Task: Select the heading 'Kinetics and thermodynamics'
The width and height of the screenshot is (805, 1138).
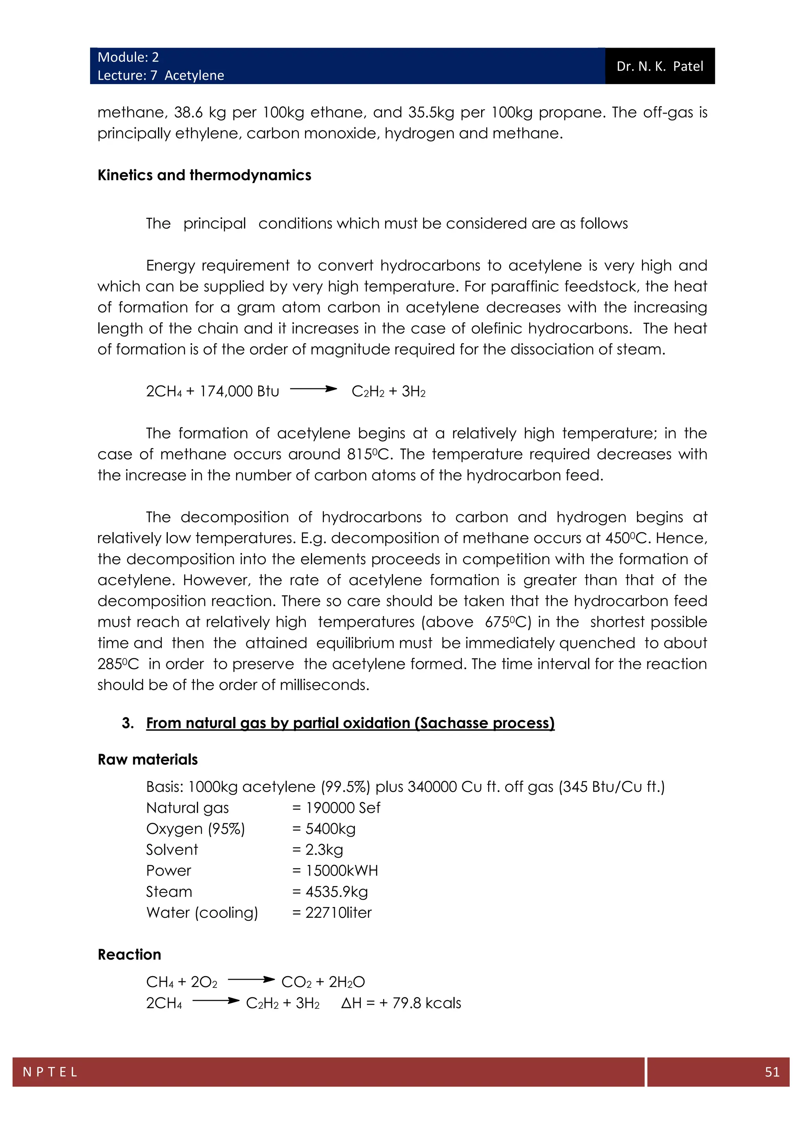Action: [x=204, y=175]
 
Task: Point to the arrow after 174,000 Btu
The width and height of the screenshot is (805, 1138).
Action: [x=313, y=389]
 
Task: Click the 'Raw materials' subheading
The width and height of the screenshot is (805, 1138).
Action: [x=148, y=760]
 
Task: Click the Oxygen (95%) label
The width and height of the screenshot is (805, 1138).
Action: [x=195, y=829]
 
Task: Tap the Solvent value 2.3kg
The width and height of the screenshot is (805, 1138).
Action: [x=323, y=850]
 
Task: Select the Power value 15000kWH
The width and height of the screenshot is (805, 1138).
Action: [x=342, y=871]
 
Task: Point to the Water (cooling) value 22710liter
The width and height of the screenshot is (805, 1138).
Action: [x=338, y=912]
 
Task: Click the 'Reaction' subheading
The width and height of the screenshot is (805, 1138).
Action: [x=129, y=954]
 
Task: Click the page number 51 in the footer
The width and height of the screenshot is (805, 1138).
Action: [x=772, y=1072]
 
